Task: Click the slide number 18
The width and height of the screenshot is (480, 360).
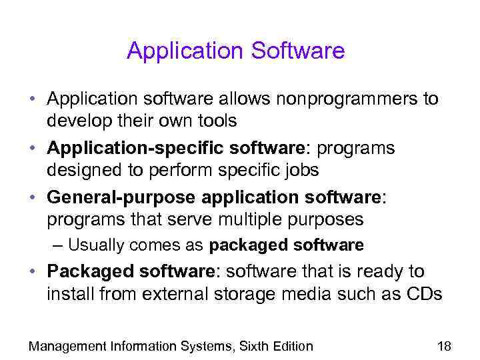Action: pos(443,345)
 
